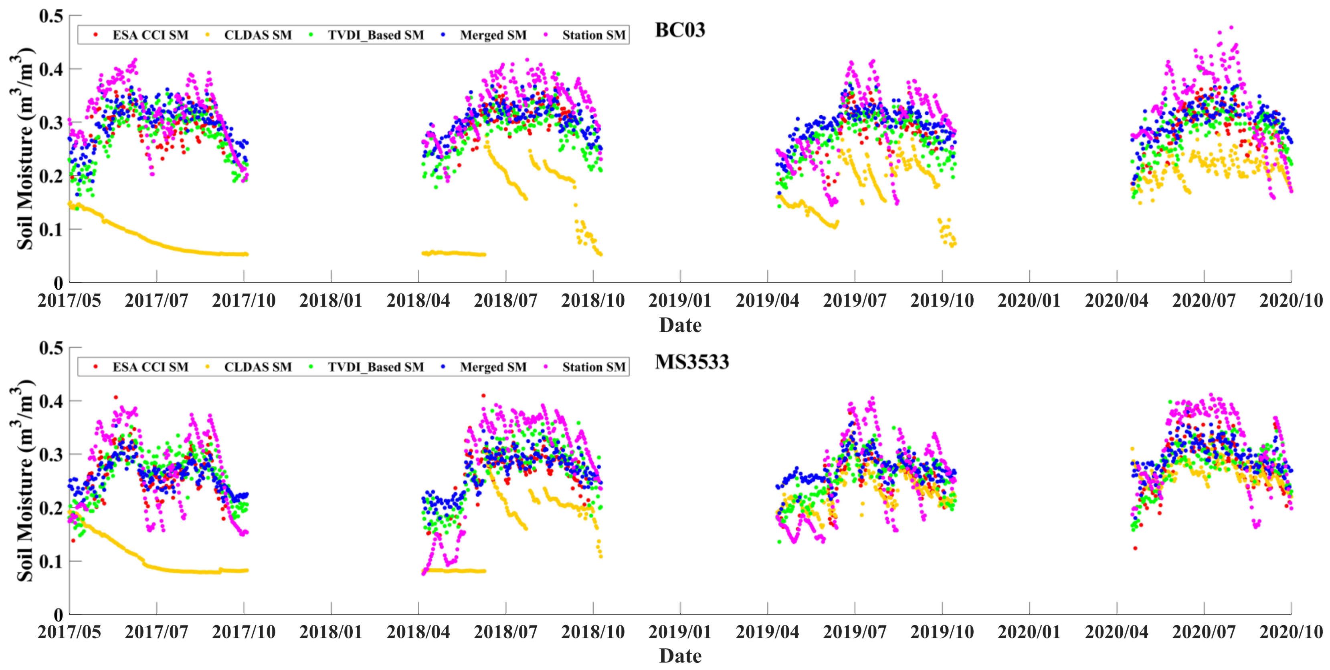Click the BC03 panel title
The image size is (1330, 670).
(x=679, y=30)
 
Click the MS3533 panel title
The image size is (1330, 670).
(x=692, y=362)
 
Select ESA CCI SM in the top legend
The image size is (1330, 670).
(x=150, y=35)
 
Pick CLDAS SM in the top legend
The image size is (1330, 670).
(x=258, y=35)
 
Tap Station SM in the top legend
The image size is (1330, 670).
(x=594, y=35)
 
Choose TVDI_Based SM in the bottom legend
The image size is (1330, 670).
(x=375, y=367)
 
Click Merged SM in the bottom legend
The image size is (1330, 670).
(x=493, y=367)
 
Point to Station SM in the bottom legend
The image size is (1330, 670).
(x=594, y=367)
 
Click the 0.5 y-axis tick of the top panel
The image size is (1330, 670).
(x=51, y=16)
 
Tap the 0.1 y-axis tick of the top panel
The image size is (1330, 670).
(x=51, y=229)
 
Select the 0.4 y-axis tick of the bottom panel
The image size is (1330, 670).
(x=51, y=401)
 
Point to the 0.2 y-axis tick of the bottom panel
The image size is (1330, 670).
(x=51, y=507)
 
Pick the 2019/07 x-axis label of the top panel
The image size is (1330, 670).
(x=855, y=301)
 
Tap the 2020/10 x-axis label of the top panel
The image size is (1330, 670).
(x=1291, y=301)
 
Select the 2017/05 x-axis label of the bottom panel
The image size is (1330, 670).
(x=69, y=632)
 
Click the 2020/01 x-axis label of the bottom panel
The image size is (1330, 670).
(x=1029, y=632)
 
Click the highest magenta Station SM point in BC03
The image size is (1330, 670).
(x=1231, y=27)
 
